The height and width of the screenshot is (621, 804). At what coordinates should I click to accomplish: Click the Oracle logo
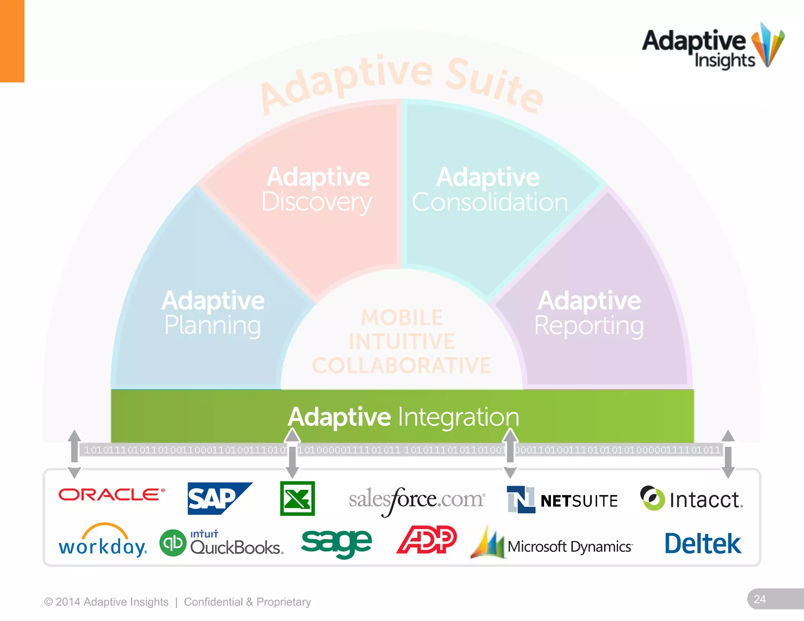coord(111,495)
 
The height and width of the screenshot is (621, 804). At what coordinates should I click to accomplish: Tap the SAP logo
coord(219,499)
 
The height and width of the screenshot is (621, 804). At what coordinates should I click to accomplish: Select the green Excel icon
coord(297,499)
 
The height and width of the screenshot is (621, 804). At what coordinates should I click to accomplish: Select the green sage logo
coord(336,542)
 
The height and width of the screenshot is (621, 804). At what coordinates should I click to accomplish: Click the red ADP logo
coord(427,540)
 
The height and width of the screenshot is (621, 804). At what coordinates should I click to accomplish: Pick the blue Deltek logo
coord(703,544)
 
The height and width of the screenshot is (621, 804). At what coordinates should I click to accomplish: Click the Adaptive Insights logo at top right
coord(713,47)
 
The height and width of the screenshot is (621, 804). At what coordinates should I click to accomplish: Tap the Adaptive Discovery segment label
coord(317,190)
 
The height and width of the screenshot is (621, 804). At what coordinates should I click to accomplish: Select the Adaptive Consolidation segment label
coord(489,190)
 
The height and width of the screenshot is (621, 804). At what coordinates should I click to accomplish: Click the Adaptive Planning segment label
coord(213,313)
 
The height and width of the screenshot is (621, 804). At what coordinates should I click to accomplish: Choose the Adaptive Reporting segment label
coord(589,313)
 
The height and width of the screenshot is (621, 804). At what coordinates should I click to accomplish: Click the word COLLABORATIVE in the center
coord(401,365)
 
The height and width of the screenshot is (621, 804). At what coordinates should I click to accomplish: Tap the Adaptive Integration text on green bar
coord(403,416)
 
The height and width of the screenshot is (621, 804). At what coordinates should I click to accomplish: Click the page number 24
coord(760,599)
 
